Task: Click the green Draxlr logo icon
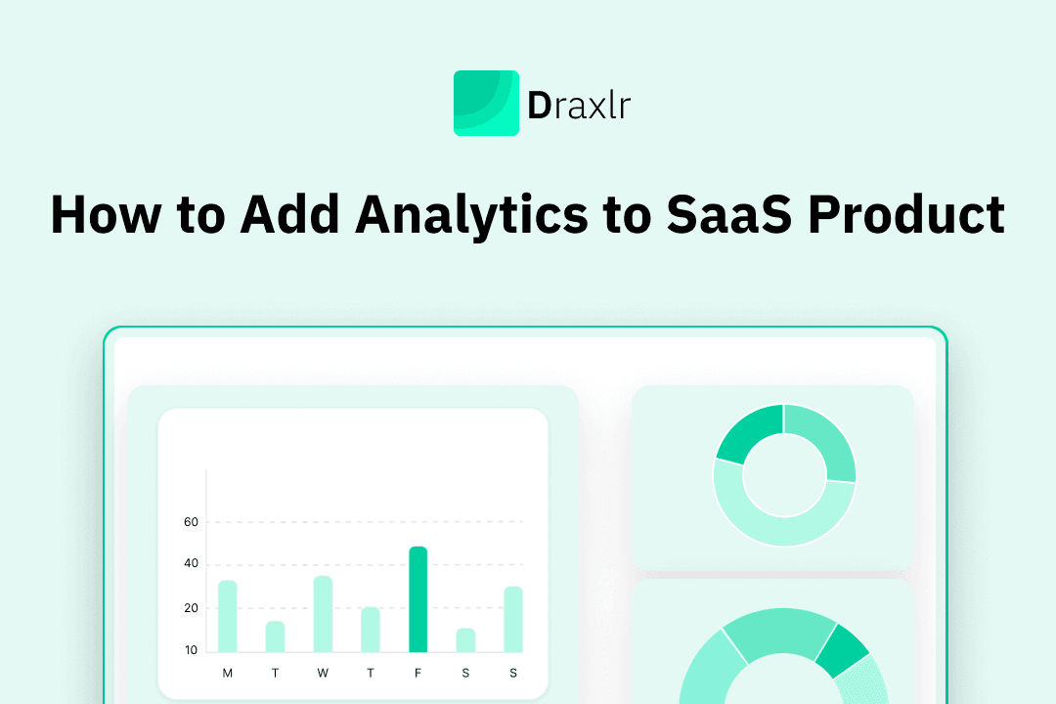486,103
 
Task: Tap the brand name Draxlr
579,105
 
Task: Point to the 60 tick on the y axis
191,522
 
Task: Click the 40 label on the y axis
191,564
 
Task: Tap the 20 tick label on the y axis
191,608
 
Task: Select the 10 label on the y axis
191,650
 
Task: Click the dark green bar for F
418,598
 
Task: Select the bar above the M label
228,616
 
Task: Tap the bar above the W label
323,614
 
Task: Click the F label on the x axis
418,673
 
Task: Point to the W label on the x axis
323,673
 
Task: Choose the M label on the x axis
228,673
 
